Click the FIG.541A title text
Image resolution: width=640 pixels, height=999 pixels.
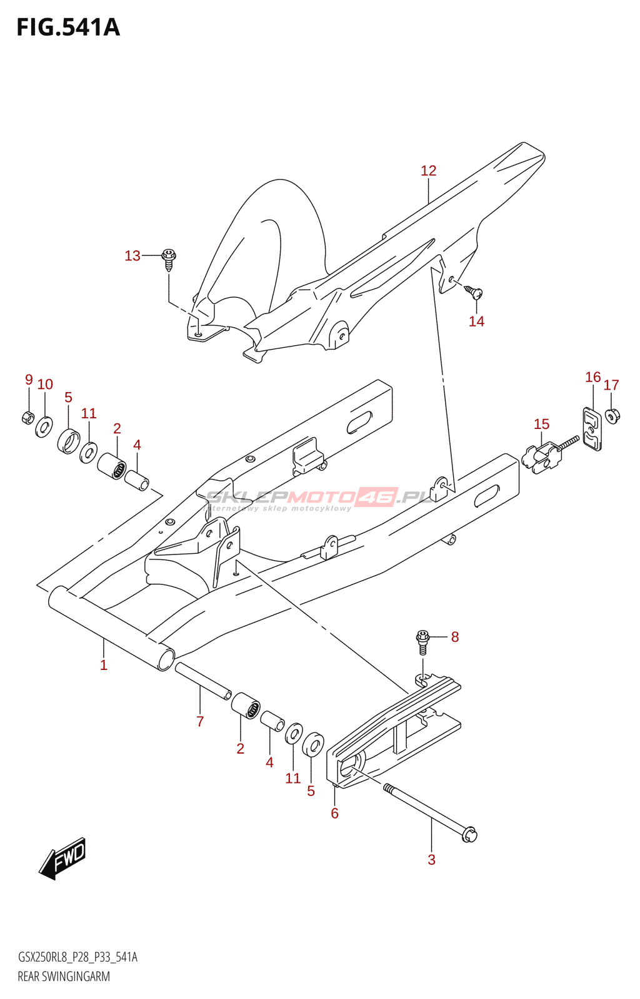click(x=68, y=28)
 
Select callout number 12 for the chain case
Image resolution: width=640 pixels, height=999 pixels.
click(x=428, y=170)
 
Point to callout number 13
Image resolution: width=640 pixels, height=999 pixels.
click(x=132, y=256)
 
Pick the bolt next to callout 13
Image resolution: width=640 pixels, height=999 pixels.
click(x=169, y=258)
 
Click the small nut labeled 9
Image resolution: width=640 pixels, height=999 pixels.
click(x=28, y=418)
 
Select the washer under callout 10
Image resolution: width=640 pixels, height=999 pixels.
click(x=44, y=427)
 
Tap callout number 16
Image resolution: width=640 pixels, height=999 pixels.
click(x=592, y=377)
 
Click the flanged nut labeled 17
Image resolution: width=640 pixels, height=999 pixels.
click(x=612, y=415)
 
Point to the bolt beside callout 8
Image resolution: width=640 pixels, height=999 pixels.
click(x=423, y=641)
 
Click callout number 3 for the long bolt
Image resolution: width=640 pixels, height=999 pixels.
click(x=431, y=860)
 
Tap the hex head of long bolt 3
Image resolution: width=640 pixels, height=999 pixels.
click(x=469, y=834)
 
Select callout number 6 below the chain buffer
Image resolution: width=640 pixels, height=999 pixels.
click(x=334, y=813)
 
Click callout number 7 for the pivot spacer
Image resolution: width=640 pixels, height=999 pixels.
click(x=200, y=722)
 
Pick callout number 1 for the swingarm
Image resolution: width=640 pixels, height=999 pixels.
click(x=104, y=666)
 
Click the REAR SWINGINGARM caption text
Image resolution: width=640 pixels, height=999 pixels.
click(x=64, y=977)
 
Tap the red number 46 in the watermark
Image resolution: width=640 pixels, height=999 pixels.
click(x=377, y=497)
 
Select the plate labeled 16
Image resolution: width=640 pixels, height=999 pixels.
click(x=592, y=429)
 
